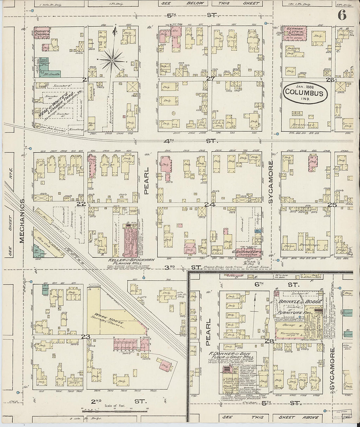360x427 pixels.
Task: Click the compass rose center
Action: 112,61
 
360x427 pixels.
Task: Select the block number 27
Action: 210,79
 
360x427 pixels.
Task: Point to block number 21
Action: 85,80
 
